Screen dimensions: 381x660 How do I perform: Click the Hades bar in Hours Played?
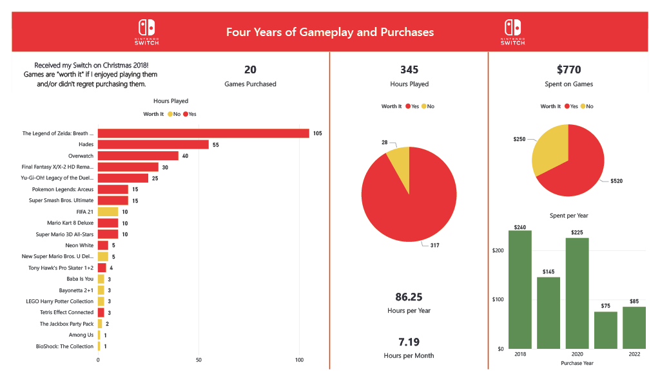point(153,145)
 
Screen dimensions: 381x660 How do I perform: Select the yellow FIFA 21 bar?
point(108,212)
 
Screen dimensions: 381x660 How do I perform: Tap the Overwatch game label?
point(81,156)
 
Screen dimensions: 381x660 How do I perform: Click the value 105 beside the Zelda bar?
point(317,133)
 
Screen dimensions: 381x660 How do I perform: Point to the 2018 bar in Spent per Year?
point(519,290)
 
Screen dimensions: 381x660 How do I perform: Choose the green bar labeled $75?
point(606,330)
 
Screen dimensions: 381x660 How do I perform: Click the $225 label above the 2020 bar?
point(577,233)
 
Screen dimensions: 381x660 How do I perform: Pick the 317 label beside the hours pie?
point(434,246)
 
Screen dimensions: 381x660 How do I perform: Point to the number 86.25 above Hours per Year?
point(409,297)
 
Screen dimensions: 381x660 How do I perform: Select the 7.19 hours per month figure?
point(409,342)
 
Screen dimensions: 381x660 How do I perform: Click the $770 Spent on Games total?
point(569,70)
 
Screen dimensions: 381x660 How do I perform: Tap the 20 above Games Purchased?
point(250,70)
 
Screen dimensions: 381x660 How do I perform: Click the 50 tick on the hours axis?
point(199,360)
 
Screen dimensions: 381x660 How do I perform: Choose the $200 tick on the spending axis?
point(498,250)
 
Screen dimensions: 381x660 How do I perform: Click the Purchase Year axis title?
point(577,363)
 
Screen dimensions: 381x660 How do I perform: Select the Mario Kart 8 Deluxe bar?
point(108,223)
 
